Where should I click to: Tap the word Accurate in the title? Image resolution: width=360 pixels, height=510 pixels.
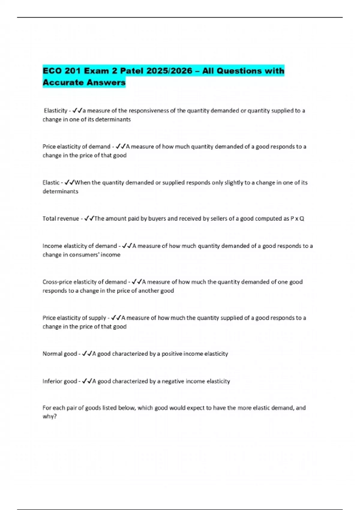pyautogui.click(x=63, y=82)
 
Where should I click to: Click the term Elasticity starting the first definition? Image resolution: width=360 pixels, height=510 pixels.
pyautogui.click(x=55, y=111)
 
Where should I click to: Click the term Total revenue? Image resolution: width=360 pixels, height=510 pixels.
pyautogui.click(x=61, y=219)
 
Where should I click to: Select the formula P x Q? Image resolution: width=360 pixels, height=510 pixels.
pyautogui.click(x=297, y=219)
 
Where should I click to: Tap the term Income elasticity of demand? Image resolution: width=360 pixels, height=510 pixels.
pyautogui.click(x=79, y=246)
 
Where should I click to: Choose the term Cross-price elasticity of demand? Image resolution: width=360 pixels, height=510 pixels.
pyautogui.click(x=85, y=282)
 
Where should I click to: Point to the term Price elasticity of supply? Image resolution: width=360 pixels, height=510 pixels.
pyautogui.click(x=74, y=318)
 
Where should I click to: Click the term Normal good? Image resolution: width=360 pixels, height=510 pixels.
pyautogui.click(x=60, y=354)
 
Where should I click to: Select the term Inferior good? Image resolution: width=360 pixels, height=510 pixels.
pyautogui.click(x=60, y=381)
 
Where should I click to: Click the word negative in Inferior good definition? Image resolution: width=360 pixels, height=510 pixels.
pyautogui.click(x=173, y=381)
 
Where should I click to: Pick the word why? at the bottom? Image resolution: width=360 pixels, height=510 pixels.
pyautogui.click(x=49, y=416)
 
